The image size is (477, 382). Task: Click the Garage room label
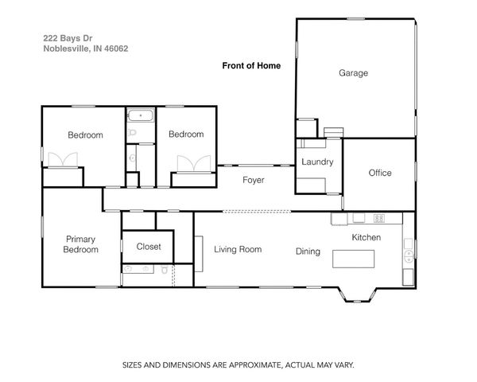354,73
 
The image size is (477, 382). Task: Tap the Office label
380,173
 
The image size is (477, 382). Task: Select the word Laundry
317,162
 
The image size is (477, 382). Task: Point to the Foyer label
253,181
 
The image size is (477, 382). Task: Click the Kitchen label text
366,237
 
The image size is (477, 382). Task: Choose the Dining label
308,251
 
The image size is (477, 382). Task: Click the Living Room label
238,249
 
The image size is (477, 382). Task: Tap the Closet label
149,247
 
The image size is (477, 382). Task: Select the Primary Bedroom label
81,244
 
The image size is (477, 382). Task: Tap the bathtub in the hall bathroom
140,115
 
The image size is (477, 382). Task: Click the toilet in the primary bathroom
164,271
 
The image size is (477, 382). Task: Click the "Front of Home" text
250,66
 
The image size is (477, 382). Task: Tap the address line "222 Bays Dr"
64,37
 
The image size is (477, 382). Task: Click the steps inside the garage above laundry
332,131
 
